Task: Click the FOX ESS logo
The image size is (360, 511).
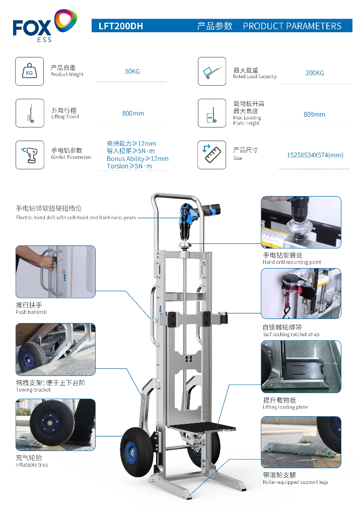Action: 45,25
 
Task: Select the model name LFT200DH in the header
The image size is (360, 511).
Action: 121,26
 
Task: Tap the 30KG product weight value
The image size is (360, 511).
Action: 132,72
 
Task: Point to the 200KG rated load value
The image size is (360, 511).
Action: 315,73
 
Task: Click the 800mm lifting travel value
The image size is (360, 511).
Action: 133,113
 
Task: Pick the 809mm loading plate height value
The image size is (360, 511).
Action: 314,114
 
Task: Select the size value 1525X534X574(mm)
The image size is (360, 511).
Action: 315,155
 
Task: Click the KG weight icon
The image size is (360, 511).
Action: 30,72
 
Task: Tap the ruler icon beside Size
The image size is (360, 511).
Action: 212,155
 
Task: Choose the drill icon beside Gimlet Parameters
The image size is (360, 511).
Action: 30,155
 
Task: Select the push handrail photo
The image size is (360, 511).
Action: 56,272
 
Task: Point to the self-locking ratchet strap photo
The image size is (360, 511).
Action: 301,293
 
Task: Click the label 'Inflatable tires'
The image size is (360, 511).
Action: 32,465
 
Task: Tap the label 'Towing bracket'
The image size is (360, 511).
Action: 33,390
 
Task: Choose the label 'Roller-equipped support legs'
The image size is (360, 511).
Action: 296,482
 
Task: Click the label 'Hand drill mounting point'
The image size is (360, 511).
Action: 292,262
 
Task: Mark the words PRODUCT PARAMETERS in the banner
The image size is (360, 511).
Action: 293,26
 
